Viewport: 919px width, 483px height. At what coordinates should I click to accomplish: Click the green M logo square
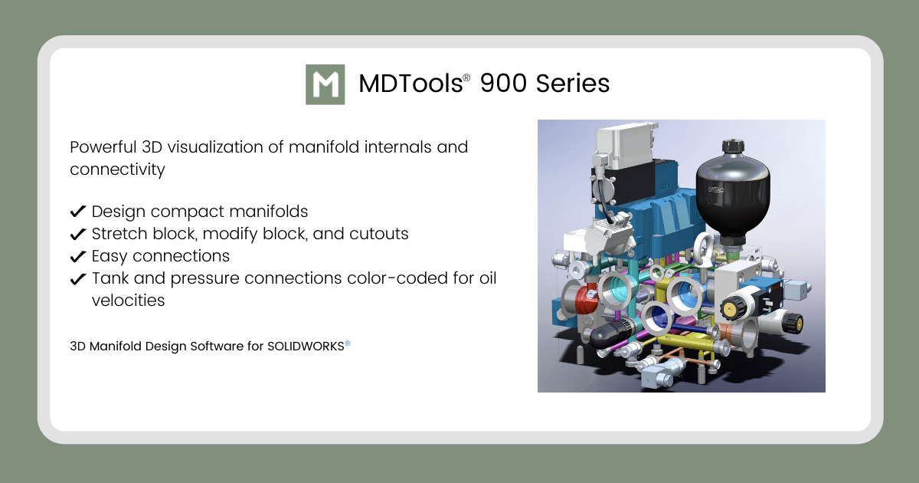pyautogui.click(x=325, y=84)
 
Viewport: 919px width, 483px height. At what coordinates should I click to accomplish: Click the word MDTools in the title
pyautogui.click(x=410, y=84)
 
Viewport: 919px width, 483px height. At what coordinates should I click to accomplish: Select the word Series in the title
pyautogui.click(x=572, y=84)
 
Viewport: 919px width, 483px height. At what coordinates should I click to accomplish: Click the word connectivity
pyautogui.click(x=117, y=169)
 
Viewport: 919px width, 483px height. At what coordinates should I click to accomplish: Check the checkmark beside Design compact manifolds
pyautogui.click(x=77, y=212)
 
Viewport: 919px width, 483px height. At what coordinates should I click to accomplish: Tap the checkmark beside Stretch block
pyautogui.click(x=77, y=234)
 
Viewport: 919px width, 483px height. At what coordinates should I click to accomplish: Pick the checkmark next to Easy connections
pyautogui.click(x=77, y=256)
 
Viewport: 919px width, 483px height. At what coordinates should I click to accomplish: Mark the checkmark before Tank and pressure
pyautogui.click(x=77, y=278)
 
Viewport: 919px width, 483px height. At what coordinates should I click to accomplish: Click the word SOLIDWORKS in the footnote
pyautogui.click(x=306, y=347)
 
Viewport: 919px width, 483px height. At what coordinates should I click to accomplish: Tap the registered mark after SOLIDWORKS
pyautogui.click(x=348, y=343)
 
